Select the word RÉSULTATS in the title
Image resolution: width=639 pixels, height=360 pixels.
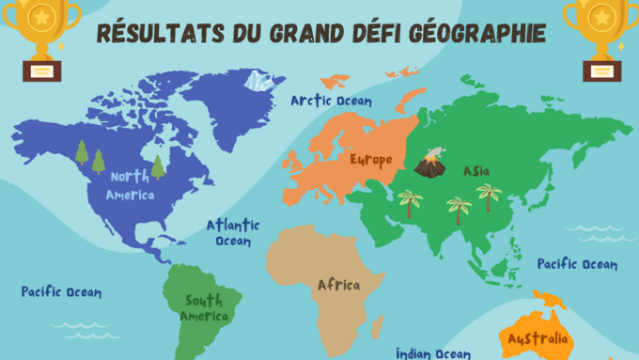[158, 33]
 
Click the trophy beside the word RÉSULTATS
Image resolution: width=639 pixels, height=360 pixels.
[42, 40]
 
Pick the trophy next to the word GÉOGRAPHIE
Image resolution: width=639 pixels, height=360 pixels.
[599, 40]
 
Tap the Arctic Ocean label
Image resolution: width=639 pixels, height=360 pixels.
[331, 101]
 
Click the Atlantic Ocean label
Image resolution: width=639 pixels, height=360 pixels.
[233, 233]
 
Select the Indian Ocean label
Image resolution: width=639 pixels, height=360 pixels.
[432, 352]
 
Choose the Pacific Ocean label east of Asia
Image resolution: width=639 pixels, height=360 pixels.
[577, 264]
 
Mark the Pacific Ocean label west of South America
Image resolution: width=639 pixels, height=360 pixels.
[61, 292]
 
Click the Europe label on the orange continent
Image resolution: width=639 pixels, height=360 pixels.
[370, 160]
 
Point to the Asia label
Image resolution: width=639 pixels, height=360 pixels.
[475, 172]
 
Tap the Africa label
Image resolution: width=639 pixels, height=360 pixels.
[338, 285]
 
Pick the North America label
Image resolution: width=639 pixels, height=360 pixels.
[130, 186]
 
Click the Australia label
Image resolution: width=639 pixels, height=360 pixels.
[537, 338]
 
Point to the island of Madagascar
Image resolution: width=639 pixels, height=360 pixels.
[376, 326]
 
